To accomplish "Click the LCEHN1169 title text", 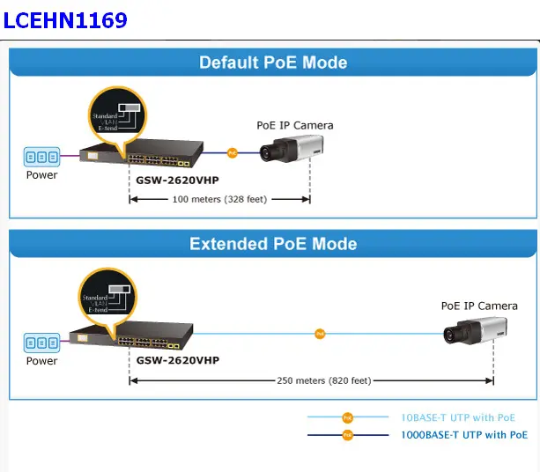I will tap(66, 19).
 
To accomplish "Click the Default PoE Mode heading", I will tap(273, 63).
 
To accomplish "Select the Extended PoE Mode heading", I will tap(273, 244).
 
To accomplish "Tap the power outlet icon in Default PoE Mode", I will tap(41, 157).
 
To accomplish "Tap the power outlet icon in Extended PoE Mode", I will tap(41, 343).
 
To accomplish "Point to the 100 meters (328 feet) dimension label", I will tap(220, 199).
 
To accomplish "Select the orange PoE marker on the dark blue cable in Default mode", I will tap(233, 152).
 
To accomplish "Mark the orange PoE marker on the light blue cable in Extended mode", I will tap(320, 334).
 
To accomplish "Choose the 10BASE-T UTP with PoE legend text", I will tap(458, 417).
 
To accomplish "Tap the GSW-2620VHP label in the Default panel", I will tap(177, 180).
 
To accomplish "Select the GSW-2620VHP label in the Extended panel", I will tap(177, 360).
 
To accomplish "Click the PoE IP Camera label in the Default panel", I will tap(294, 125).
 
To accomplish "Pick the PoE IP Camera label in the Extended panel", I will tap(479, 306).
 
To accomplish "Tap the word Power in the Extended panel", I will tap(41, 361).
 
